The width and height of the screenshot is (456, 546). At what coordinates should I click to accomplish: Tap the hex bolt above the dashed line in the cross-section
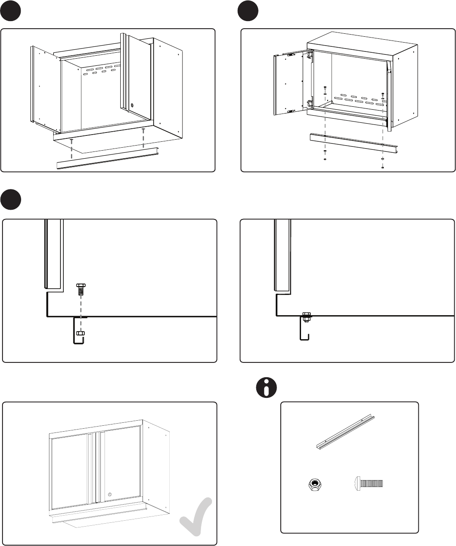click(80, 289)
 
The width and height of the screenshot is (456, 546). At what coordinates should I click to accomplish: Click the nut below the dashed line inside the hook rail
click(80, 334)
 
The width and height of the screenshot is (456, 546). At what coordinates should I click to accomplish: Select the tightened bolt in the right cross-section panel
click(307, 317)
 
